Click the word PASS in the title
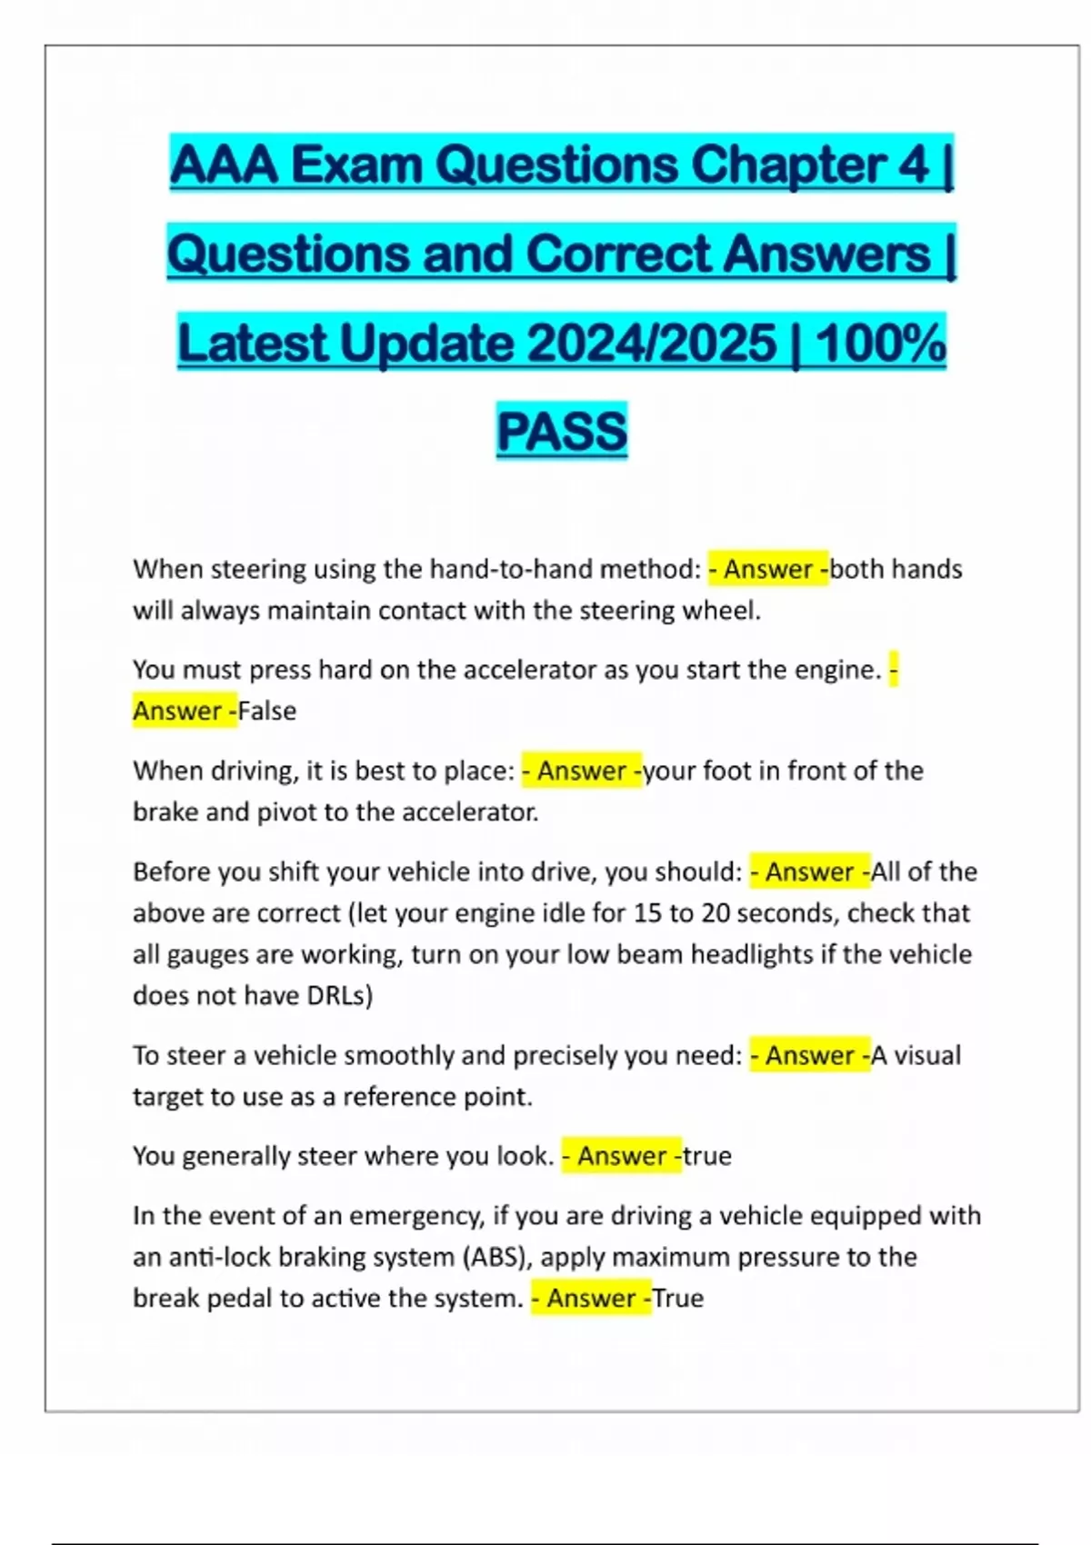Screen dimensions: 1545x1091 pyautogui.click(x=562, y=431)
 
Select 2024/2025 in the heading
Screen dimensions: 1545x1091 pyautogui.click(x=651, y=344)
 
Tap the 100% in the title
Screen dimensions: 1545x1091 pyautogui.click(x=880, y=344)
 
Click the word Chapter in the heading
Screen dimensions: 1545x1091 pyautogui.click(x=788, y=165)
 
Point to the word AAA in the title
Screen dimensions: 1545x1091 pyautogui.click(x=224, y=165)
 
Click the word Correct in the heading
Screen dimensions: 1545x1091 pyautogui.click(x=618, y=254)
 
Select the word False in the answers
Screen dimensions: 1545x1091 pyautogui.click(x=267, y=711)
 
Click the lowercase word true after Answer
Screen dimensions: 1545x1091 pyautogui.click(x=707, y=1156)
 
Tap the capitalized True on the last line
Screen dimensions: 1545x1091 pyautogui.click(x=678, y=1298)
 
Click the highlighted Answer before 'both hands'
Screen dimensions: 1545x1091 pyautogui.click(x=767, y=569)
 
